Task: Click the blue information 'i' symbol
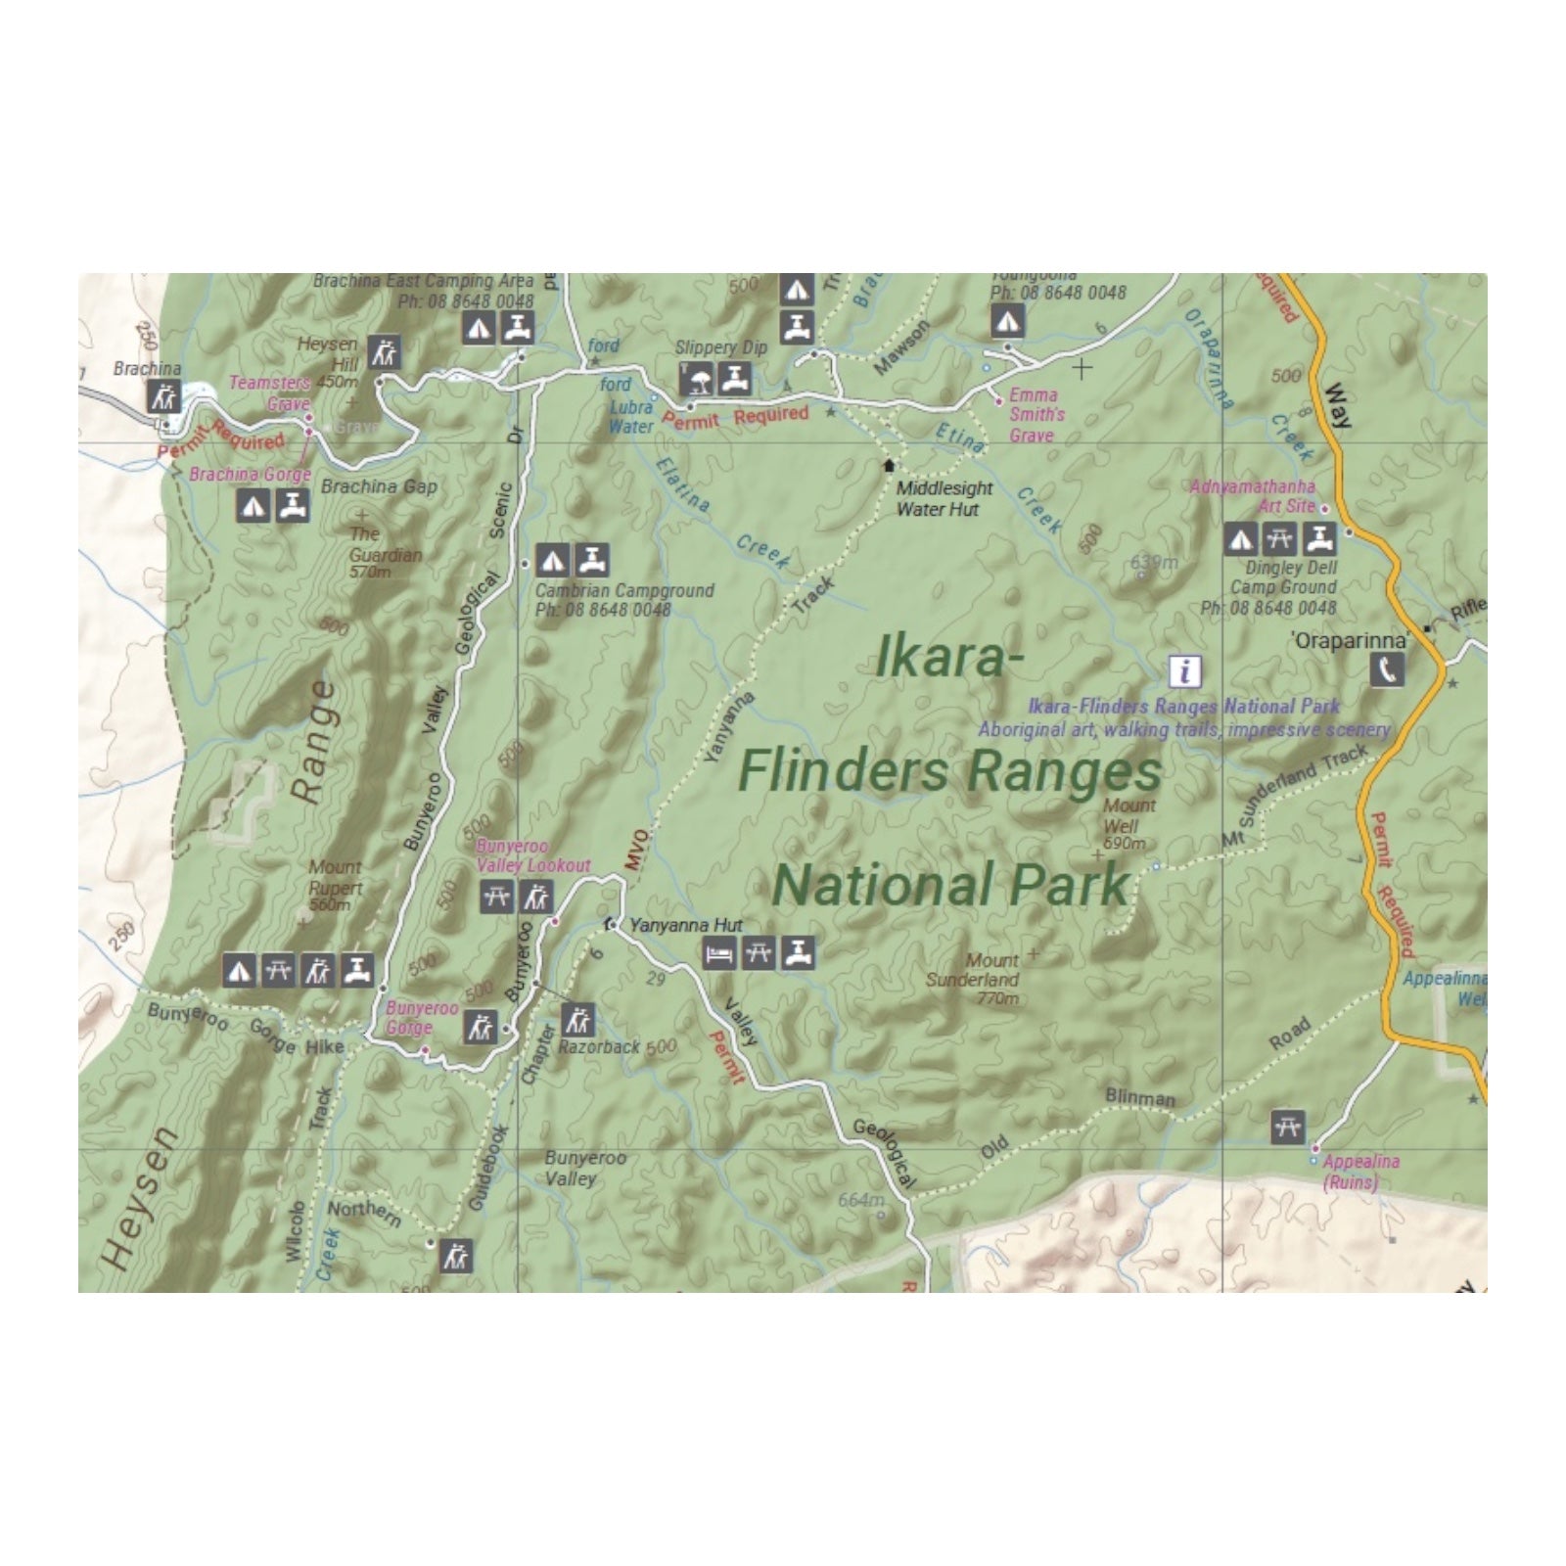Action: point(1185,671)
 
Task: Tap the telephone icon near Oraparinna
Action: point(1387,669)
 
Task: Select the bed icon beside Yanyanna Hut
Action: point(719,952)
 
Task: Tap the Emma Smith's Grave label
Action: point(1034,415)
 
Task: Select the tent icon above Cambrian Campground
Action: point(553,561)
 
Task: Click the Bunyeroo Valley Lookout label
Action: point(532,855)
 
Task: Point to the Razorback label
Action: point(599,1046)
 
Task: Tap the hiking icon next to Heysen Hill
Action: point(384,352)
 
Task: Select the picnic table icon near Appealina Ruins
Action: point(1288,1128)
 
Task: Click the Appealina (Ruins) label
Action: point(1359,1172)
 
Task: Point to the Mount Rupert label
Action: point(335,885)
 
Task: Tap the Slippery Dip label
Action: point(720,347)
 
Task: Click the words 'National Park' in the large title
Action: point(950,885)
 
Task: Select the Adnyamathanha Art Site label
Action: point(1253,496)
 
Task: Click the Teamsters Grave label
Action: point(269,392)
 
